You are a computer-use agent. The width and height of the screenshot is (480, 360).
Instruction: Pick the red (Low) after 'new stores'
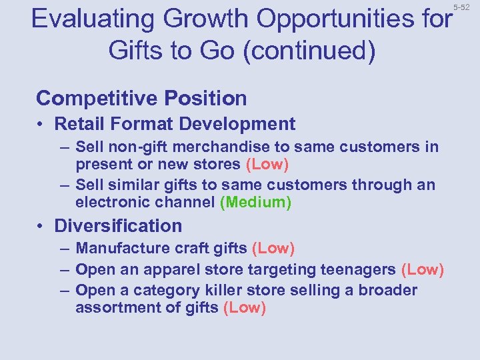tap(267, 163)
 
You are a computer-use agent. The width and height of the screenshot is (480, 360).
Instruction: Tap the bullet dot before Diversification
tap(41, 227)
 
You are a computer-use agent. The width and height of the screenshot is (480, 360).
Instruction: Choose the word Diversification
tap(118, 226)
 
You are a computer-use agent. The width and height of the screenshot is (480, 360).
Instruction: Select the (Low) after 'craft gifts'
tap(273, 249)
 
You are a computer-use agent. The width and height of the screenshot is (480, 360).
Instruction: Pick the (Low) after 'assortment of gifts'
tap(245, 307)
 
